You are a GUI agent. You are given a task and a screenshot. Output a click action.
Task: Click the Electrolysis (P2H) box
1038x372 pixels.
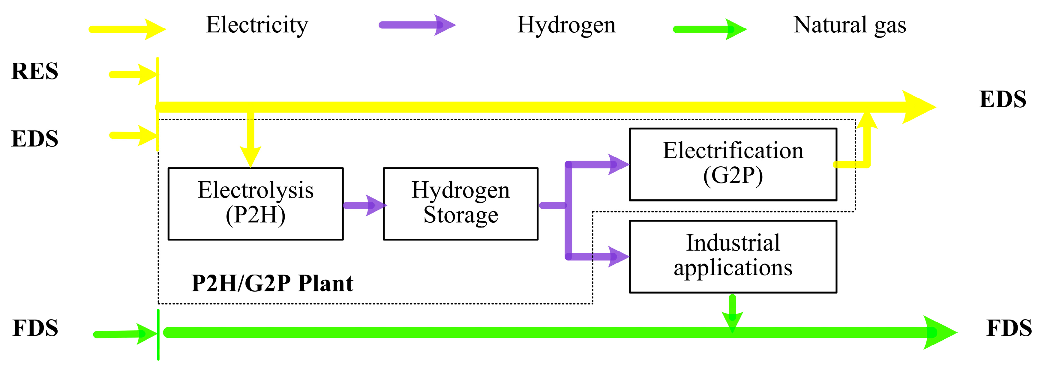click(256, 204)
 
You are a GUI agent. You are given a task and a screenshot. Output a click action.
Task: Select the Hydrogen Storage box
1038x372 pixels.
click(460, 204)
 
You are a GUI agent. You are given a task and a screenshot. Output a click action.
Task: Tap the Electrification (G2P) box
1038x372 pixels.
click(733, 164)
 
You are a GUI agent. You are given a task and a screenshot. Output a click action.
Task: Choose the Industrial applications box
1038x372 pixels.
click(733, 257)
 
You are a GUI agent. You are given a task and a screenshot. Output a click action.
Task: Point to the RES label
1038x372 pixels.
click(35, 71)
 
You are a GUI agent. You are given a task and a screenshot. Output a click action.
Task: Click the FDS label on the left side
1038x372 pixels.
click(35, 328)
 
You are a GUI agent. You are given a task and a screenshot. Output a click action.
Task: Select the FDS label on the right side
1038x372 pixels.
click(1009, 328)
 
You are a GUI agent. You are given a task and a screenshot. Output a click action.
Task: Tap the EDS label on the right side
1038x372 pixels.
click(1003, 100)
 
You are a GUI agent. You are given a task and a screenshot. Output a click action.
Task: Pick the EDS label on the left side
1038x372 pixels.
click(35, 139)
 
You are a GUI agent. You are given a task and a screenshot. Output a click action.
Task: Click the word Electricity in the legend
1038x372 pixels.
click(257, 25)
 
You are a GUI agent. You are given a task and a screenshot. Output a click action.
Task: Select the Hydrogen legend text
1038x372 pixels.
click(566, 25)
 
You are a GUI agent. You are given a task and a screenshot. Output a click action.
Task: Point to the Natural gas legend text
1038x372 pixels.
click(849, 25)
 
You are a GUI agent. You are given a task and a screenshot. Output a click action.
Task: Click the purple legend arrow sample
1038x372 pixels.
click(417, 25)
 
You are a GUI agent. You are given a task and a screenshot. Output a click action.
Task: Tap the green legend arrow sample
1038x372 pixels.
click(709, 29)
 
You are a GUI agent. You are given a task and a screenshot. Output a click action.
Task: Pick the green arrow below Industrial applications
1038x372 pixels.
click(732, 312)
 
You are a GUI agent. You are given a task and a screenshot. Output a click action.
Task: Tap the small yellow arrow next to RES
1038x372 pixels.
click(133, 74)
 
